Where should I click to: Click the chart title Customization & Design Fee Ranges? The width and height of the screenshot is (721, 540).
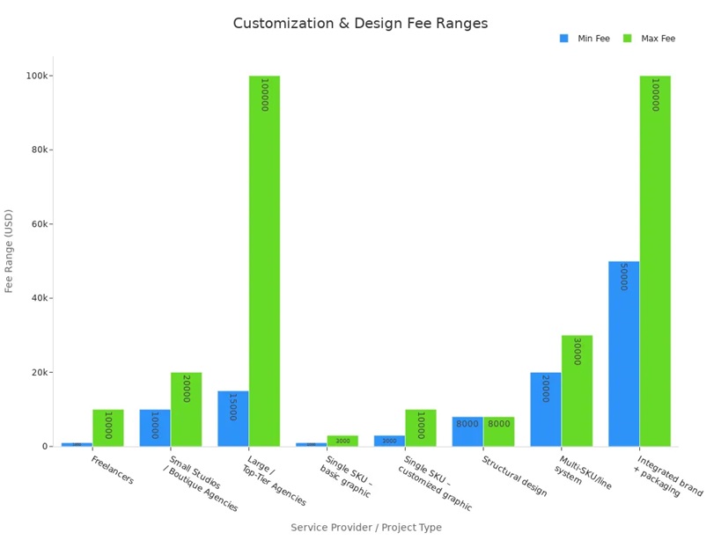[x=360, y=24]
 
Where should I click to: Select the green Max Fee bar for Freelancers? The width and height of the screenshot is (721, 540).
[x=107, y=428]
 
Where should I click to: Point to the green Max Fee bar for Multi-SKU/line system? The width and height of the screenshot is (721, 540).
[x=577, y=391]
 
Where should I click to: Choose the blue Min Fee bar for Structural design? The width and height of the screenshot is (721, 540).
[x=467, y=432]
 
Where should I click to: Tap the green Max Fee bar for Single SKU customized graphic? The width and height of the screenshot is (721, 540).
[x=421, y=428]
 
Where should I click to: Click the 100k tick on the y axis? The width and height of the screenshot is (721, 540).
[x=38, y=76]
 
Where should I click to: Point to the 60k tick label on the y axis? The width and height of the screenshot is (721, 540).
[x=38, y=224]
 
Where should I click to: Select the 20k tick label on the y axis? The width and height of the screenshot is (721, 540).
[x=38, y=373]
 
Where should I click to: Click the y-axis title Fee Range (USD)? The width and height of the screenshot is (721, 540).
[x=10, y=251]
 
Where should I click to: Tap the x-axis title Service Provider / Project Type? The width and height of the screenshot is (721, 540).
[x=366, y=528]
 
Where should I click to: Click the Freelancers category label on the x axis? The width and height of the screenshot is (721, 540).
[x=113, y=470]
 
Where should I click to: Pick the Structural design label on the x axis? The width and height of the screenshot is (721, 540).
[x=515, y=476]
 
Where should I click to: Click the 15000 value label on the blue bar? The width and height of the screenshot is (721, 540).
[x=232, y=406]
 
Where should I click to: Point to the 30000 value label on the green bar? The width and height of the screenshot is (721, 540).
[x=577, y=352]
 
